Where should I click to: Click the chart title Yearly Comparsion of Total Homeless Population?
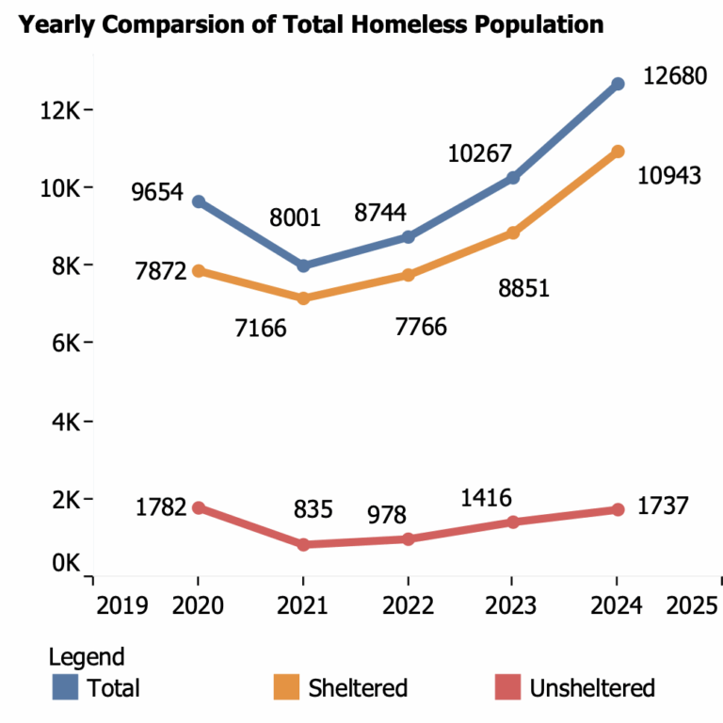point(312,24)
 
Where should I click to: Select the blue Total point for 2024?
point(618,84)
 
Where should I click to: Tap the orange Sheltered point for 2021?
point(303,298)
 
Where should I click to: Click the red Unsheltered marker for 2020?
point(199,507)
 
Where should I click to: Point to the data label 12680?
point(674,76)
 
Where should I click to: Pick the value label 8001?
point(295,218)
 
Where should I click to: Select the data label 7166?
point(259,329)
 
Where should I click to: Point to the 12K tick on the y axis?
point(59,110)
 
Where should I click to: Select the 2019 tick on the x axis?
point(122,604)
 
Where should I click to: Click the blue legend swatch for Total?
point(65,687)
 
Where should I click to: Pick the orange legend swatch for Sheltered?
point(286,687)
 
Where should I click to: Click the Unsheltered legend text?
point(592,688)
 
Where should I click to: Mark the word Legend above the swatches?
point(87,657)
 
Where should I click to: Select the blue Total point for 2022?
point(408,237)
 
